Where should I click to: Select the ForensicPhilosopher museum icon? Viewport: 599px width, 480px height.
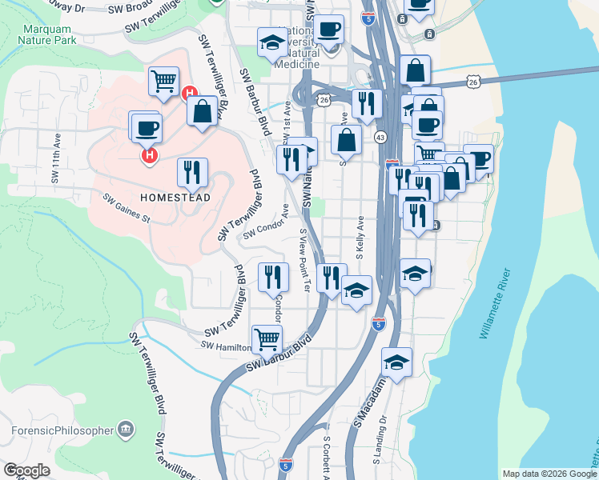click(126, 430)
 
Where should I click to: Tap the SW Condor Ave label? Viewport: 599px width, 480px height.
click(267, 224)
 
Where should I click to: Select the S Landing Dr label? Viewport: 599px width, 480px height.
click(379, 439)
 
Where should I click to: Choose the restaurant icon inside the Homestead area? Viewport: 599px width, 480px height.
click(192, 171)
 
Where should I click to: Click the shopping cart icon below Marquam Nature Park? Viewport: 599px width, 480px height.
click(163, 80)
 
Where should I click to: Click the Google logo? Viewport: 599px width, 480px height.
click(26, 470)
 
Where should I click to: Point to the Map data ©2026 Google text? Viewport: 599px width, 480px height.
click(549, 474)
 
